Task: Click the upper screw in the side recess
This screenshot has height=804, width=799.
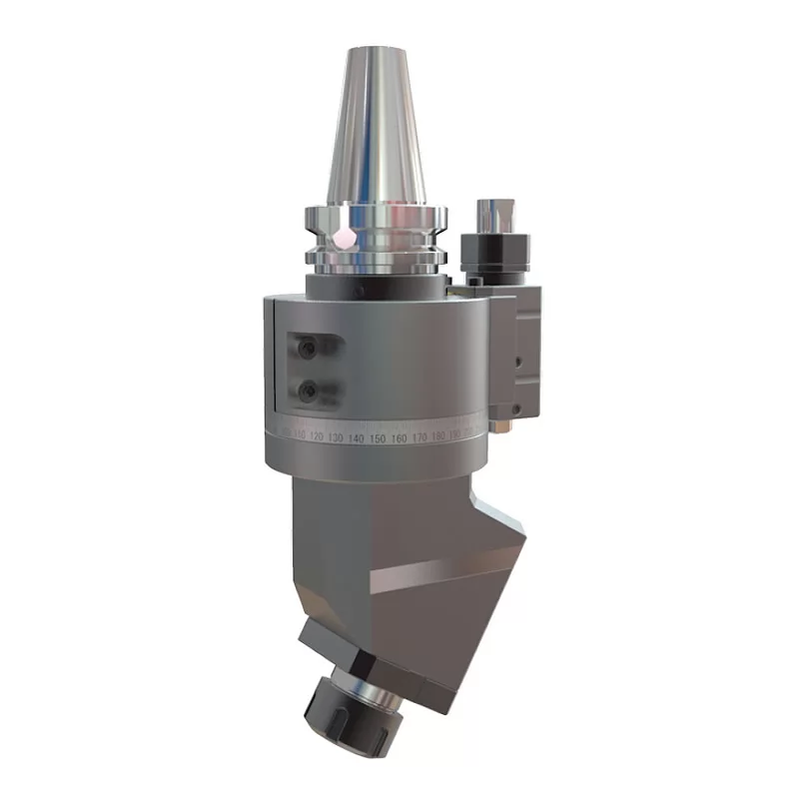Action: [308, 349]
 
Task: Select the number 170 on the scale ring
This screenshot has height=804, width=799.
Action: [419, 438]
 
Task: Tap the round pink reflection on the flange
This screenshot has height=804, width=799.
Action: [345, 238]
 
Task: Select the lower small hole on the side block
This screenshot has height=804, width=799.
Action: [516, 407]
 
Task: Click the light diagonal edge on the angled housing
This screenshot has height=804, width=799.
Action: [439, 571]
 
